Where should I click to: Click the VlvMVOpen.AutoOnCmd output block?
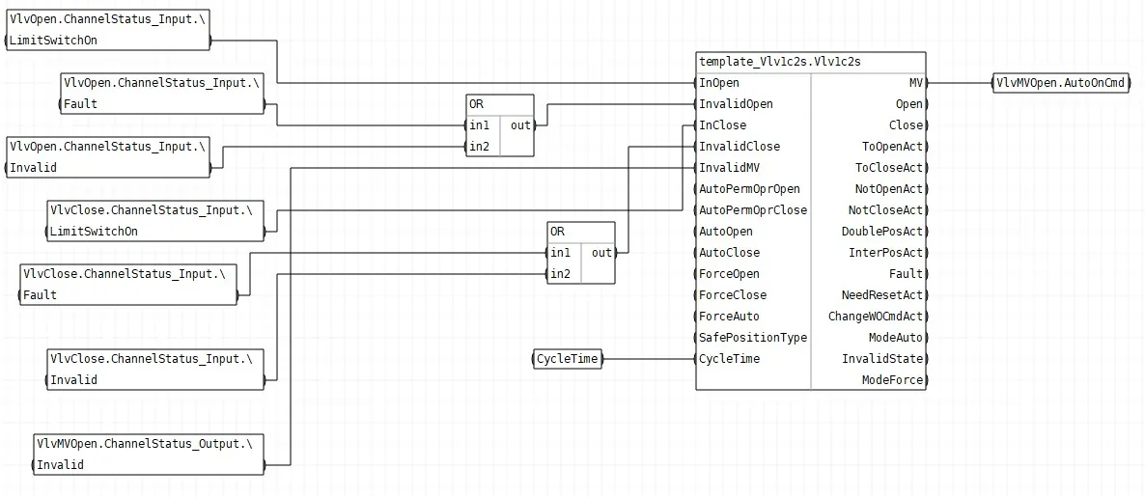click(1061, 82)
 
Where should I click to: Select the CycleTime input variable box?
click(568, 359)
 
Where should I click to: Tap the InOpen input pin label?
click(719, 83)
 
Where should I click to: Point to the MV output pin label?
click(915, 83)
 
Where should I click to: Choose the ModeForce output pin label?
click(892, 380)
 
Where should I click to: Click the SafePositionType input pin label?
click(753, 338)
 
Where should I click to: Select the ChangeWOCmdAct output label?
click(876, 317)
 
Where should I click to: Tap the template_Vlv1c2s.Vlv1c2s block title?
click(780, 62)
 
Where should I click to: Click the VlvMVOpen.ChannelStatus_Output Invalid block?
click(149, 454)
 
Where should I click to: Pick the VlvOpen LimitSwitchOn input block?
click(107, 30)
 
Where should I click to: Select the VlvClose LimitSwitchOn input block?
click(154, 221)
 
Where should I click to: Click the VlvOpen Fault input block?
click(161, 94)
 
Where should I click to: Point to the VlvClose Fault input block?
click(127, 285)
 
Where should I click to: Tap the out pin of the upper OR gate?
click(520, 125)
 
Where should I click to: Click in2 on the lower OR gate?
click(561, 274)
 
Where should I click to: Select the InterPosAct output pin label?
click(885, 253)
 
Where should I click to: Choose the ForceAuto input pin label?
click(730, 317)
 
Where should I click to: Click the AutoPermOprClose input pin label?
click(753, 210)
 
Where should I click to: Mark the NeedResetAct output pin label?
click(882, 295)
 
